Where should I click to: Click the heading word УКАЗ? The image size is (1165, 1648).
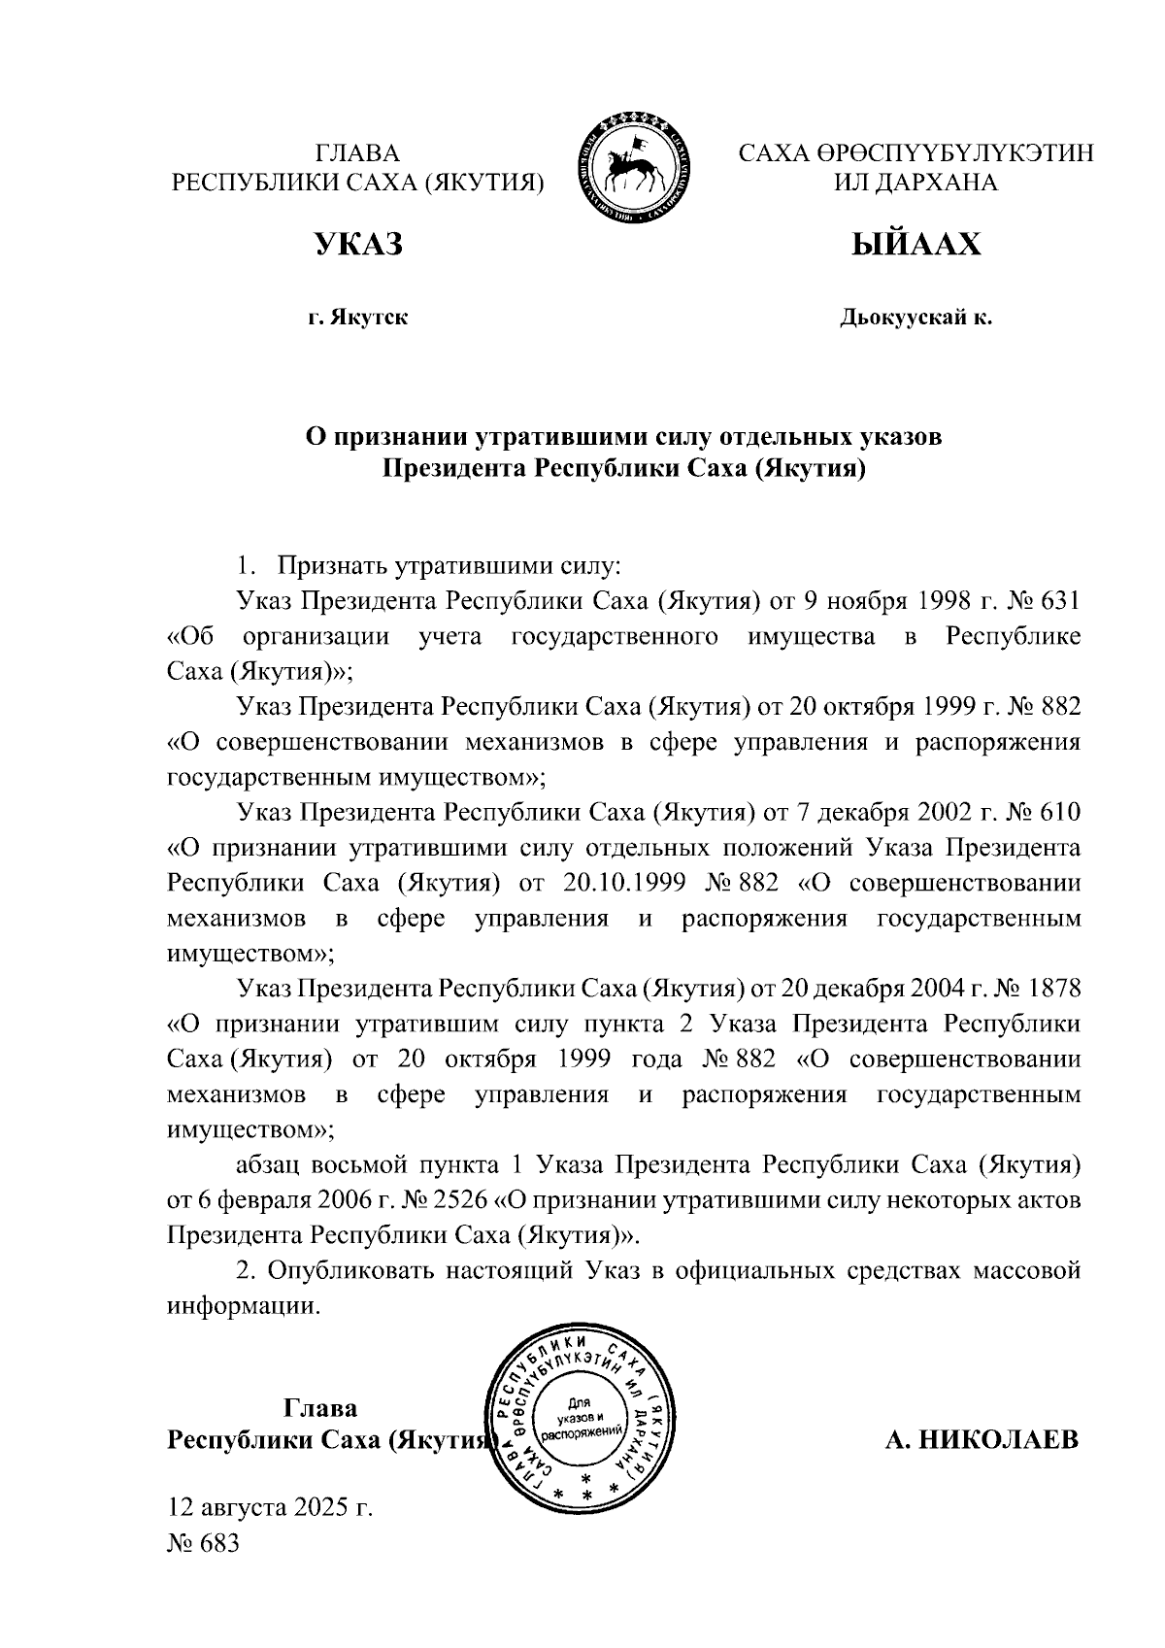pos(357,245)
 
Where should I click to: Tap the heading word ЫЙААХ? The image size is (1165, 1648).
pos(915,245)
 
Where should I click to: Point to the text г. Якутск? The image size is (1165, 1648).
pos(357,318)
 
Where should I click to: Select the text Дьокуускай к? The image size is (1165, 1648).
pos(915,318)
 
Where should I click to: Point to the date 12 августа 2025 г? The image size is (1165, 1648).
pos(271,1508)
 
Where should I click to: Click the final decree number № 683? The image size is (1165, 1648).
pos(203,1543)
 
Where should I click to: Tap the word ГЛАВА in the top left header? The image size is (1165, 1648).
pos(357,152)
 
